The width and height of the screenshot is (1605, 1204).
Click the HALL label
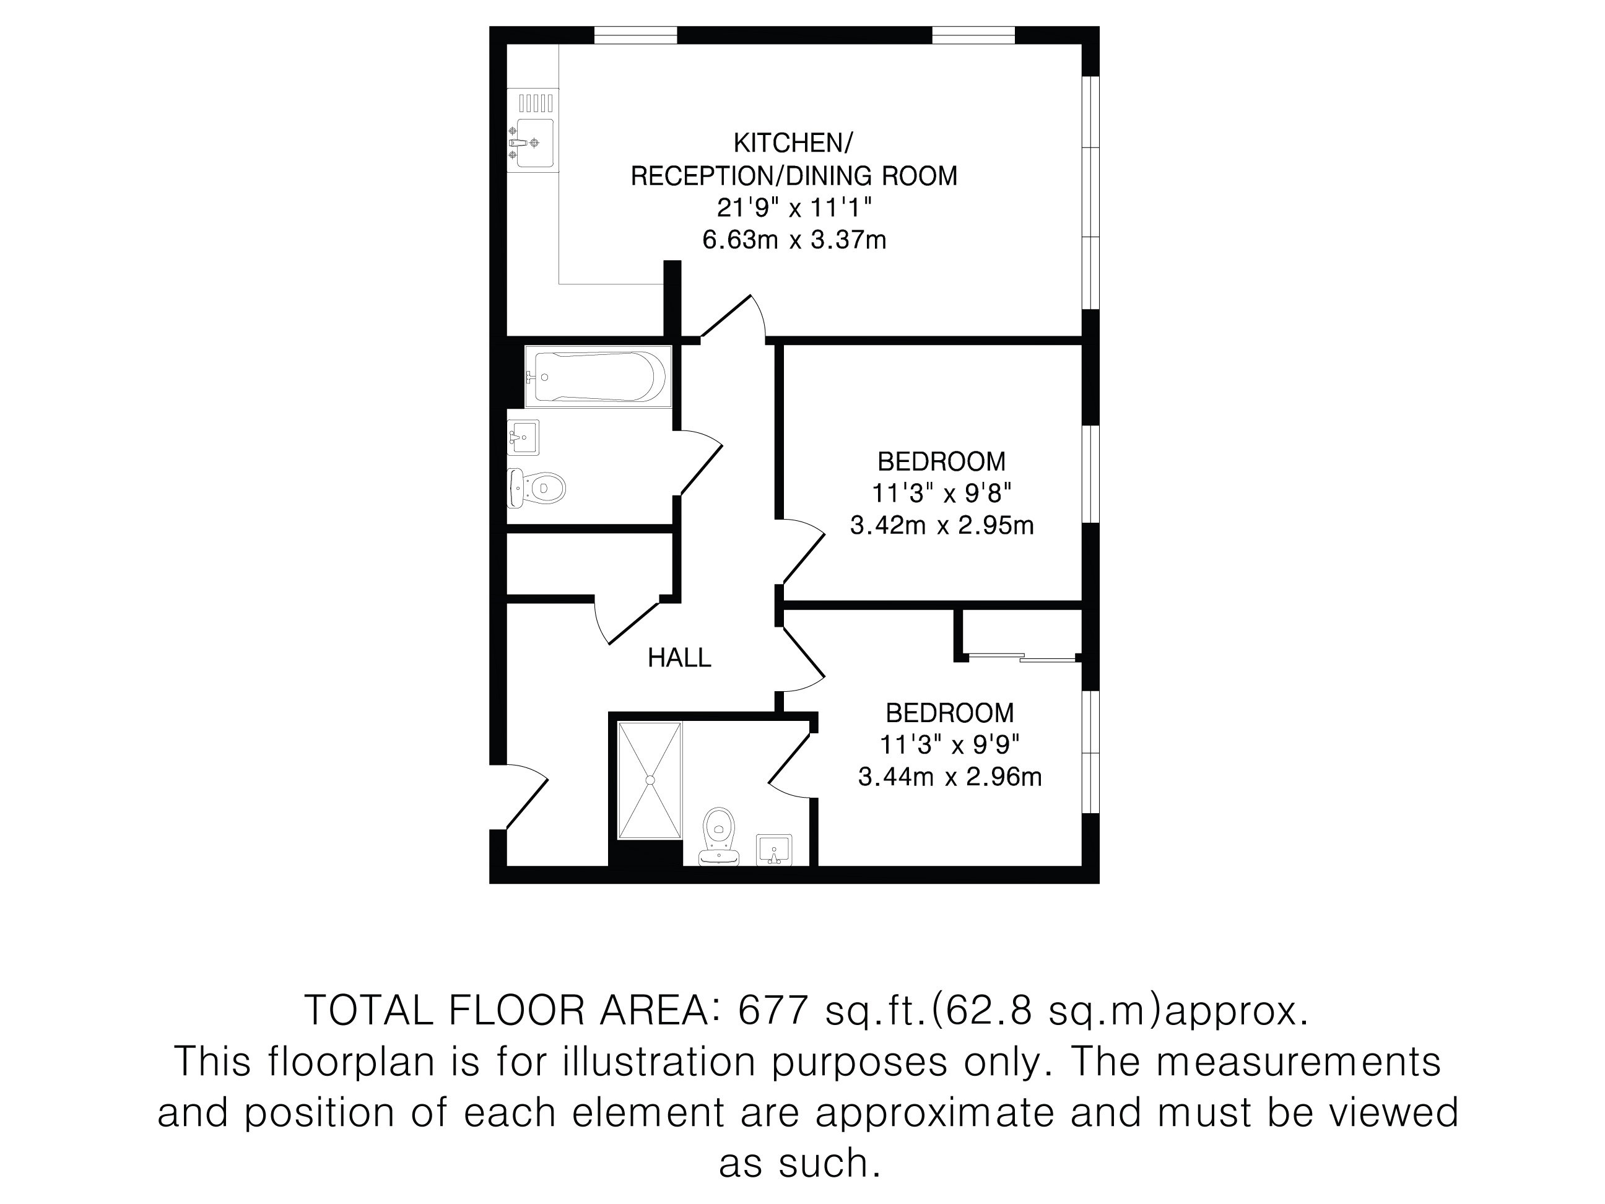(679, 658)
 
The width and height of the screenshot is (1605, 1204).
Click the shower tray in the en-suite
(650, 780)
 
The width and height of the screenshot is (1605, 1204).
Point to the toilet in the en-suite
(718, 836)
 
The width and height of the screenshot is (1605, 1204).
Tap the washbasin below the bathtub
(523, 437)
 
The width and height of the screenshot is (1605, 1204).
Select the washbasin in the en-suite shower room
(774, 850)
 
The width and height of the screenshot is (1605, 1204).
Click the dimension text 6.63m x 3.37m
(794, 240)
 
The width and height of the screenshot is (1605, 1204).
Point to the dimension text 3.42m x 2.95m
(942, 525)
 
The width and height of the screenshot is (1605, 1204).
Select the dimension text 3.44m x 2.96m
(950, 777)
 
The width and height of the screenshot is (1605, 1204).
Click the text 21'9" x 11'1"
(794, 207)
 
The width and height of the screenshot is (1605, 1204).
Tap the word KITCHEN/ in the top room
(793, 143)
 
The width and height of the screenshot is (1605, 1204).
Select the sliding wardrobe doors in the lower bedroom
(1022, 658)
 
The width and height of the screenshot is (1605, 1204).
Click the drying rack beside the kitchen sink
(535, 102)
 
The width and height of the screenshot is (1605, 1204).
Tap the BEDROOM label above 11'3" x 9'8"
(942, 461)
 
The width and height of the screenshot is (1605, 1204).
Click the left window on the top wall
(635, 35)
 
